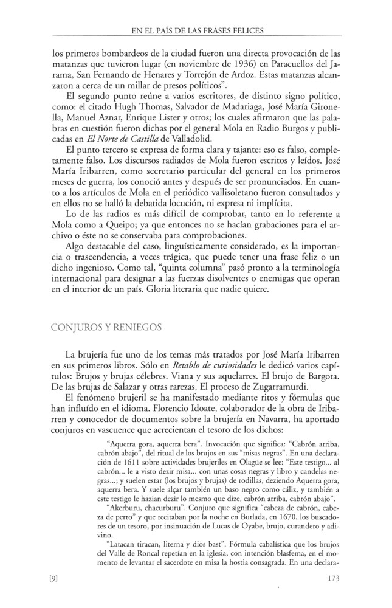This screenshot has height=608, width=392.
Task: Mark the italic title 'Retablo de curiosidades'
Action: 209,365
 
